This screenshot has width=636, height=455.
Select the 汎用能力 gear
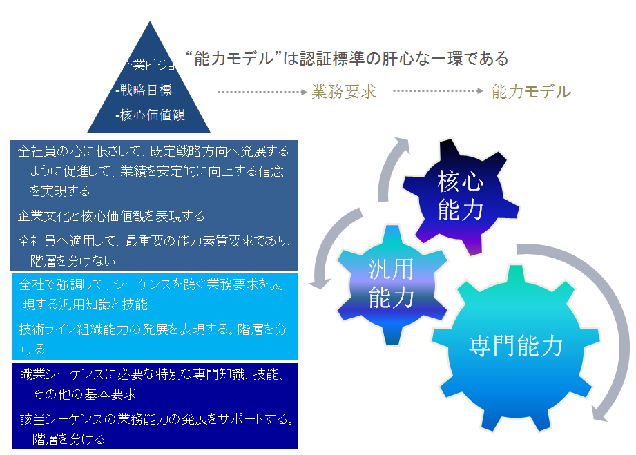tap(391, 283)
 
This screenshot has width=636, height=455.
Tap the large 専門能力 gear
tap(516, 345)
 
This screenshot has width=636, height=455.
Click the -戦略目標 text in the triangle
tap(144, 90)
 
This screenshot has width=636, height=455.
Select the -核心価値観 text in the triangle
tap(150, 115)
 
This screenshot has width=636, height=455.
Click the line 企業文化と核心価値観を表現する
tap(111, 216)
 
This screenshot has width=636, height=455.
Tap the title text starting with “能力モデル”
tap(347, 59)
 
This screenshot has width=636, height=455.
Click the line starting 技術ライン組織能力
tap(152, 330)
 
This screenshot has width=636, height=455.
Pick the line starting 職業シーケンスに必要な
tap(149, 375)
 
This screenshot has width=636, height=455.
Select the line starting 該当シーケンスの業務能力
tap(156, 419)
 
